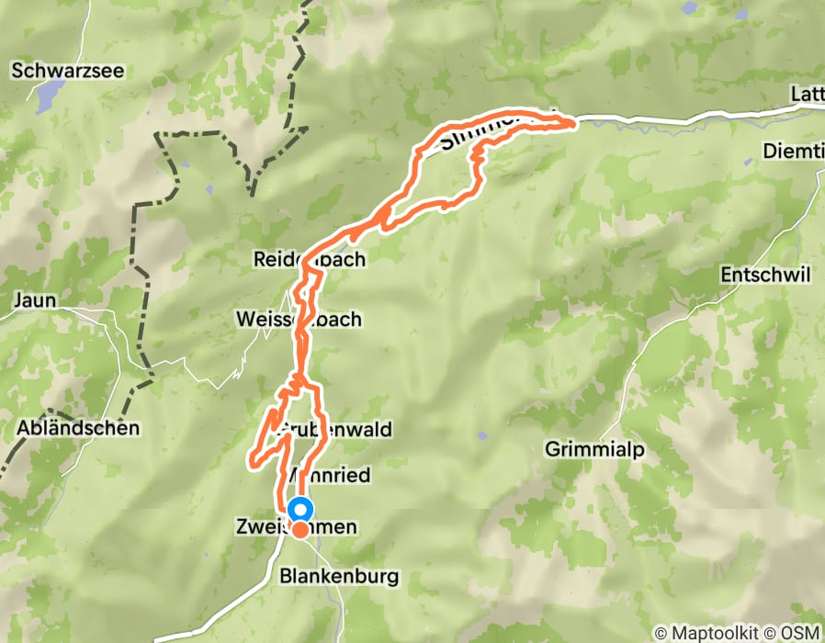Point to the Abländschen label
pyautogui.click(x=78, y=427)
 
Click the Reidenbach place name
pyautogui.click(x=310, y=260)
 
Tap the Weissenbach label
pyautogui.click(x=299, y=320)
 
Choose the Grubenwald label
pyautogui.click(x=333, y=429)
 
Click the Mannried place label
pyautogui.click(x=329, y=476)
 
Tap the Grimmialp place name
pyautogui.click(x=588, y=450)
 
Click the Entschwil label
pyautogui.click(x=766, y=276)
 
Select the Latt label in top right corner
pyautogui.click(x=806, y=95)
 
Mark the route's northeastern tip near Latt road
pyautogui.click(x=574, y=120)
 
